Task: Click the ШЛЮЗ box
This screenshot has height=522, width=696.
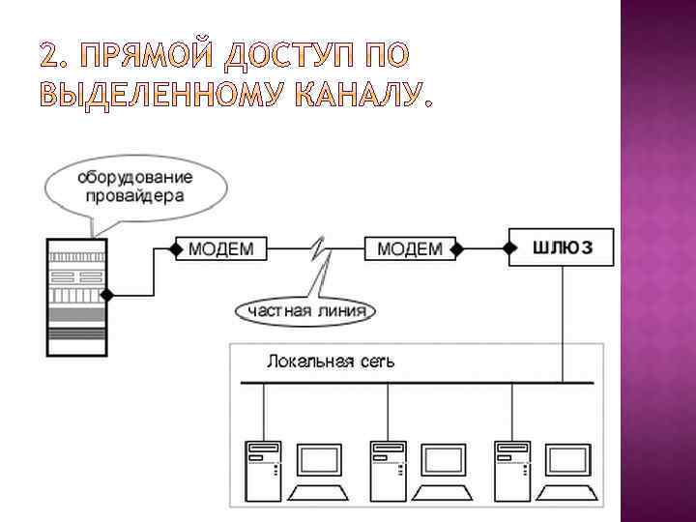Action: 560,247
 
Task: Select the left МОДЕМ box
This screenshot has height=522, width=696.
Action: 220,248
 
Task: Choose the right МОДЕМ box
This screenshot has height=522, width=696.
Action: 409,248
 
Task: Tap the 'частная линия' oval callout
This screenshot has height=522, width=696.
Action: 306,310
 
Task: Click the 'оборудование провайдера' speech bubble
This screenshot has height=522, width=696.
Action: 135,187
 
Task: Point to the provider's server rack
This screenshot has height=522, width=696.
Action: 76,295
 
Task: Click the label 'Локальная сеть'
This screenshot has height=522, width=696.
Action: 331,362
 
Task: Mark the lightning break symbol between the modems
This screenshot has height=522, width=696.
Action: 319,253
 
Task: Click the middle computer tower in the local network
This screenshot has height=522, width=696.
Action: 386,469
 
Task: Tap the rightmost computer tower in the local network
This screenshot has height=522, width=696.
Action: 509,469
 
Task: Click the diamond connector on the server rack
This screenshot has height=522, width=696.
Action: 110,293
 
